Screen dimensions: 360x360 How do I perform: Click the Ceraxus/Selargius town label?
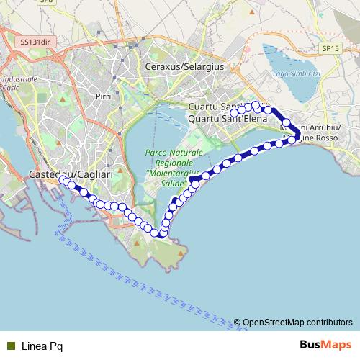pos(184,66)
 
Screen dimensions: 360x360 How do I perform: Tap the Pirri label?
pos(102,95)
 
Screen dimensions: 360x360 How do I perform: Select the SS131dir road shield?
pos(35,42)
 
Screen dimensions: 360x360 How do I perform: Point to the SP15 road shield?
pos(330,48)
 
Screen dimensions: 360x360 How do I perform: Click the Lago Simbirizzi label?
pos(294,74)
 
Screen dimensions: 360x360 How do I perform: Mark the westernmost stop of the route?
pos(62,179)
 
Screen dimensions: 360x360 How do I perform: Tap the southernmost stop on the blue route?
pos(155,233)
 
